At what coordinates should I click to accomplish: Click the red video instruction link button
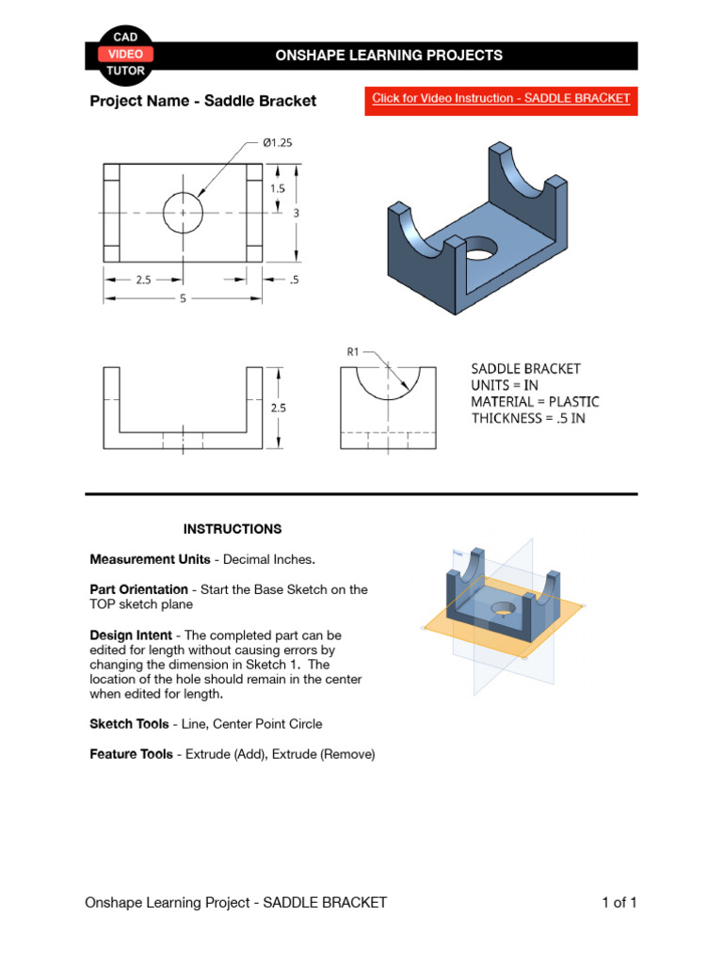[501, 99]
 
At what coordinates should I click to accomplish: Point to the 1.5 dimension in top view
[277, 188]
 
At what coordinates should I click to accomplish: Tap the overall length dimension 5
[183, 298]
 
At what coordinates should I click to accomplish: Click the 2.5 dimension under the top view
[144, 280]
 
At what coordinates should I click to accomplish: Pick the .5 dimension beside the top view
[295, 280]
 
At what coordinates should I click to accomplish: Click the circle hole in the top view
[183, 213]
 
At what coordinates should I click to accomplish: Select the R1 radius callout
[353, 352]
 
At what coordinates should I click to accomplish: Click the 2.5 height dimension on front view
[278, 409]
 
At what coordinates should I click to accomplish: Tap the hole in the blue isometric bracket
[480, 250]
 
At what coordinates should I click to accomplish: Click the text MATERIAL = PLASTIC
[535, 402]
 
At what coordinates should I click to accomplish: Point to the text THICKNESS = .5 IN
[528, 418]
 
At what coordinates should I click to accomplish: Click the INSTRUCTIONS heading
[232, 529]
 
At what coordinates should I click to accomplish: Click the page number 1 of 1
[619, 903]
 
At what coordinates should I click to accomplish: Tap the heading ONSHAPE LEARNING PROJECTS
[388, 56]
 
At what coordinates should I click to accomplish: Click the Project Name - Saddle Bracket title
[202, 101]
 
